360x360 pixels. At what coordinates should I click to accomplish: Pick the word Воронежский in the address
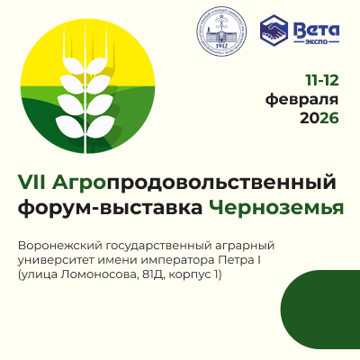58,246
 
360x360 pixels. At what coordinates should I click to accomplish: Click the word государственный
157,246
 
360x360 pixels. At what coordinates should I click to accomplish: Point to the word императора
175,260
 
